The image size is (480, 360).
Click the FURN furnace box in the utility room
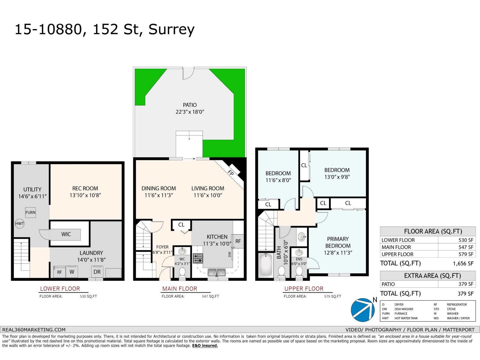coord(30,212)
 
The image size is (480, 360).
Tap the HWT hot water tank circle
coord(20,223)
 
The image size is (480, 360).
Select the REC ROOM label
coord(85,188)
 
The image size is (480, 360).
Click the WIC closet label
coord(66,234)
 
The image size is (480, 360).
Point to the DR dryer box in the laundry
coord(97,272)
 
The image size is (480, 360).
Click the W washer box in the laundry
coord(72,272)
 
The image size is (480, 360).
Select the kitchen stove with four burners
coord(198,258)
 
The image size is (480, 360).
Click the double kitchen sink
coord(217,272)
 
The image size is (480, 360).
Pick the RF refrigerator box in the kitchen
coord(238,241)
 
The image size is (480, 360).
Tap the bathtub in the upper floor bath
coord(265,265)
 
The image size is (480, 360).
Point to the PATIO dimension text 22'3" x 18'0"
coord(190,112)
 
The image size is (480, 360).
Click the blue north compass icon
coord(362,310)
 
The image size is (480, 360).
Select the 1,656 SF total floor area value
coord(463,263)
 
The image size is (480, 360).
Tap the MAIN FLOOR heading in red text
coord(180,289)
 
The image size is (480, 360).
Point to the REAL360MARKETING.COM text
coord(34,329)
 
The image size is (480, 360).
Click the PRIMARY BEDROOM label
coord(337,242)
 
